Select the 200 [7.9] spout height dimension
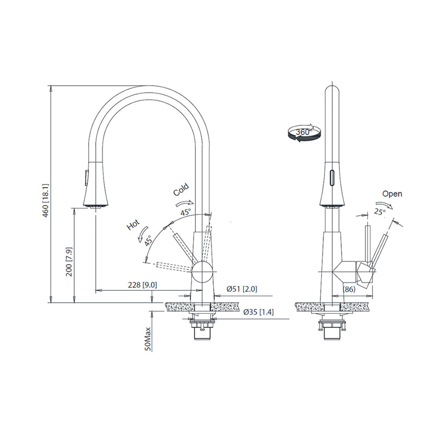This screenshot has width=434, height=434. click(69, 262)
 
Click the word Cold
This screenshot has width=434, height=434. click(181, 190)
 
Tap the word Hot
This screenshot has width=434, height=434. click(133, 225)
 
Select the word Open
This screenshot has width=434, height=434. click(392, 194)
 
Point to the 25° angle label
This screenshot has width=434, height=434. click(379, 212)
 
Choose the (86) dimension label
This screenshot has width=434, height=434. click(349, 290)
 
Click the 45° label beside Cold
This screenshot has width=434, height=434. click(186, 213)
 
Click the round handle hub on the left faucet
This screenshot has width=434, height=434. click(203, 270)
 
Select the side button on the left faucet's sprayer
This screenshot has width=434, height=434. click(84, 177)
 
